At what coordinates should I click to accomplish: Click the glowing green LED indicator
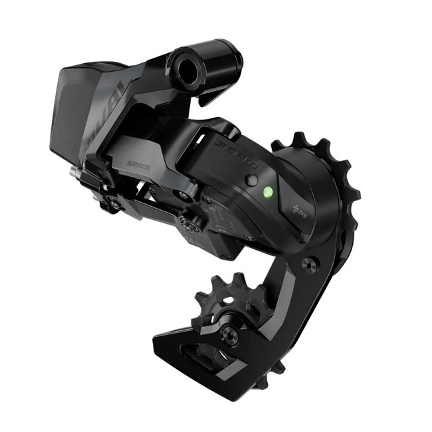266,191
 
